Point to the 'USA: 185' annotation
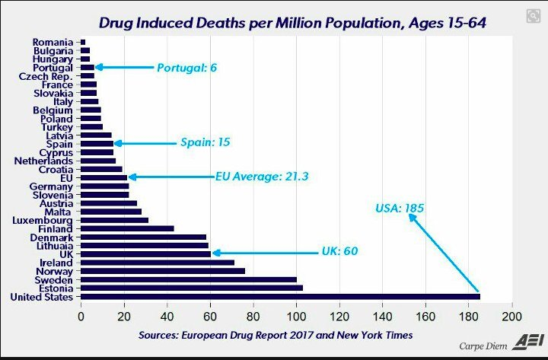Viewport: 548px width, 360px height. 400,207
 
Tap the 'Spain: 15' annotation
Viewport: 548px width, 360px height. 205,142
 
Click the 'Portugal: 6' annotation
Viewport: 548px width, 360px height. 187,68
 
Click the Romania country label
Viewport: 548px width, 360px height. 53,42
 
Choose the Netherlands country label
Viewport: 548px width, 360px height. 43,161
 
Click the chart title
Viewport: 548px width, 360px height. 299,24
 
